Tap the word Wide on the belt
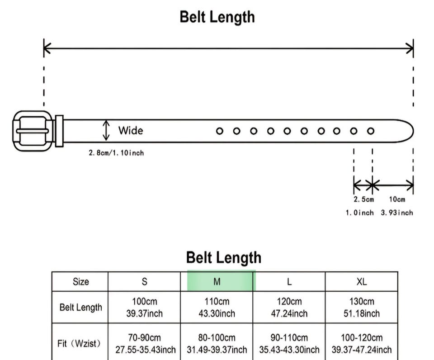[x=131, y=131]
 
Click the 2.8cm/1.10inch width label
[x=116, y=153]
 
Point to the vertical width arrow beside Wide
[x=106, y=130]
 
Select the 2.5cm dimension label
[x=363, y=199]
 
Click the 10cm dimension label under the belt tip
[x=397, y=199]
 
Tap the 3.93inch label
[x=397, y=213]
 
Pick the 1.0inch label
[x=360, y=213]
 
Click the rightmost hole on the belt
[x=371, y=131]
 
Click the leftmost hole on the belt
[x=220, y=131]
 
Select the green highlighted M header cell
[x=217, y=281]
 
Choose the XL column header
[x=361, y=281]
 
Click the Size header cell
[x=80, y=281]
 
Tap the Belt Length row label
[x=80, y=308]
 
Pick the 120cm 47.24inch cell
[x=289, y=308]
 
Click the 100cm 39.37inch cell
[x=144, y=308]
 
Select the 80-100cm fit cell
[x=217, y=344]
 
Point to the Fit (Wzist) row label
[x=80, y=344]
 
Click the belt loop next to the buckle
[x=59, y=131]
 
